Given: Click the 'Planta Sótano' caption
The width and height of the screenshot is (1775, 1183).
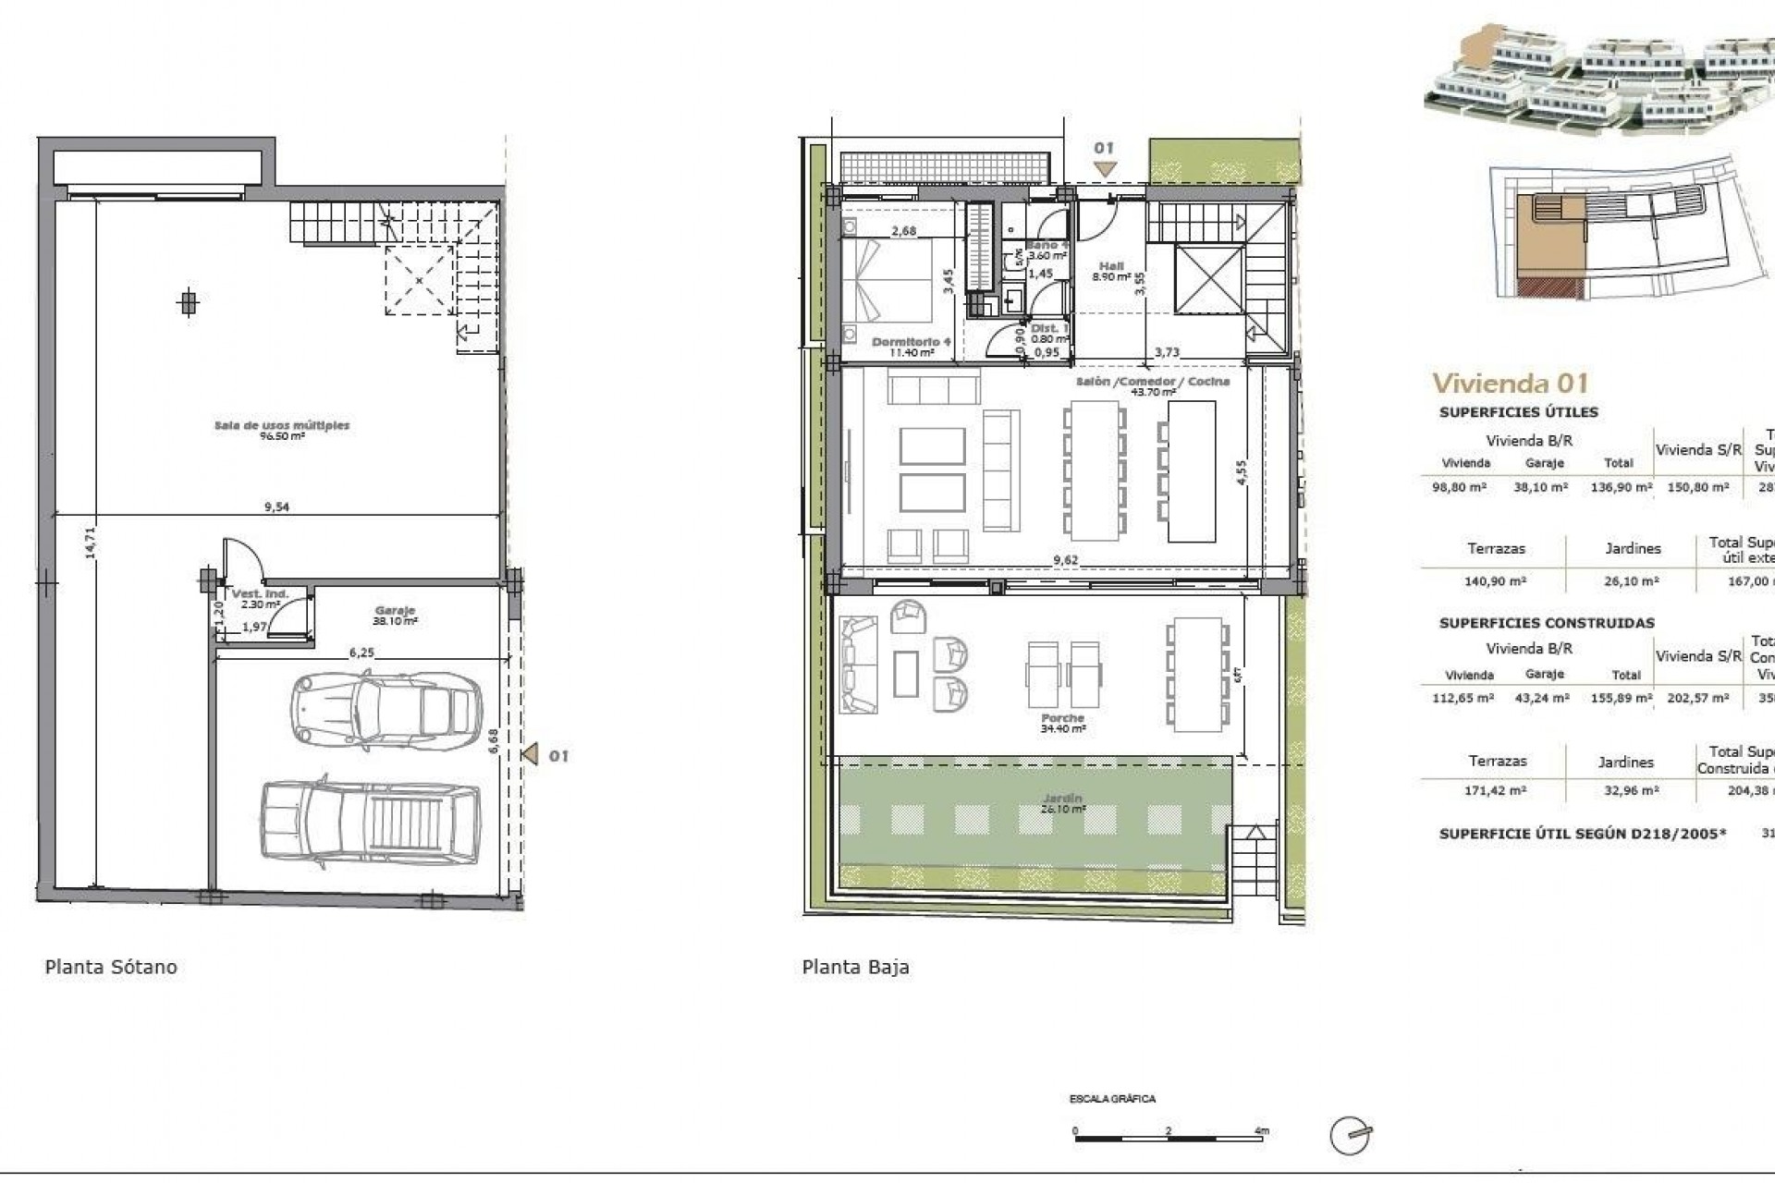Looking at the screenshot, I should point(111,967).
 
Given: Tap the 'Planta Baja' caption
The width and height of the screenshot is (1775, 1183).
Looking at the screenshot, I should point(855,967).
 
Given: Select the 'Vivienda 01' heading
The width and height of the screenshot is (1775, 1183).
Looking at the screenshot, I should point(1510,383).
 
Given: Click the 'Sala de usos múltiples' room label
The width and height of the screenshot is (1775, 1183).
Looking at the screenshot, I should point(282,426).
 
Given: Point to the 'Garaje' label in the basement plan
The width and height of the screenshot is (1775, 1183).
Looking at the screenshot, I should point(395,611).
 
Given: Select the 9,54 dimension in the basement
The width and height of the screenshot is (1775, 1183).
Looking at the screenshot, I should point(276,506).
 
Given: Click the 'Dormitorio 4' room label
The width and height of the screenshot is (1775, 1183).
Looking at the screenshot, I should point(911,342).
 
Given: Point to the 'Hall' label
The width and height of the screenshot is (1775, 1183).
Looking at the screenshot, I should point(1111,266).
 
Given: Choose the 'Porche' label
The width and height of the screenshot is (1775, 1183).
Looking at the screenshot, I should point(1062,718).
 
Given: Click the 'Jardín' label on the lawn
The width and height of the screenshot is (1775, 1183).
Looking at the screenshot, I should point(1062,799).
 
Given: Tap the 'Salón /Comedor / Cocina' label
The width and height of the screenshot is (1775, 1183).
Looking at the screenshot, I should point(1152,381).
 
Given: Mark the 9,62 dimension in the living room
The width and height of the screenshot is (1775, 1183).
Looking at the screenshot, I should point(1065,560).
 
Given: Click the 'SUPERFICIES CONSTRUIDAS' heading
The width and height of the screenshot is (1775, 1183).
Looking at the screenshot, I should point(1547,623).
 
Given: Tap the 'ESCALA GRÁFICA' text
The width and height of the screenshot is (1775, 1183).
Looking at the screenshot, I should point(1112,1099).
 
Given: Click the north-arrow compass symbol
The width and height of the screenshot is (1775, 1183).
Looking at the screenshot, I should point(1349,1136).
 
